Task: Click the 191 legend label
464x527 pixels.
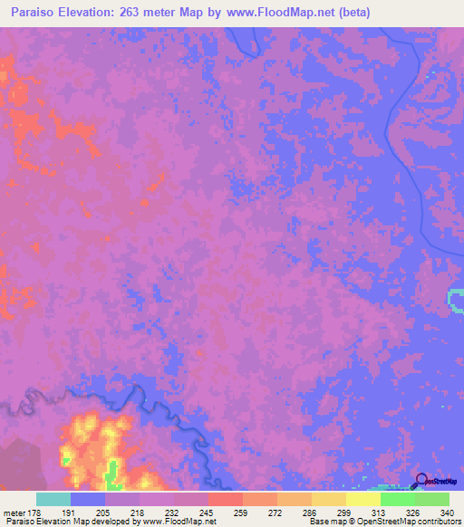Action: pos(88,513)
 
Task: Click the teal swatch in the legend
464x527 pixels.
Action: pos(53,499)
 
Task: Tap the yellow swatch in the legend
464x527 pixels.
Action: pos(363,499)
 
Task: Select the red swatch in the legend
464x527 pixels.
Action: pos(226,499)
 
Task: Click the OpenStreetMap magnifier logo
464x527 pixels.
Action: pos(421,480)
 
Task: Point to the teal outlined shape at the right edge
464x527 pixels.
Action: pos(456,301)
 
